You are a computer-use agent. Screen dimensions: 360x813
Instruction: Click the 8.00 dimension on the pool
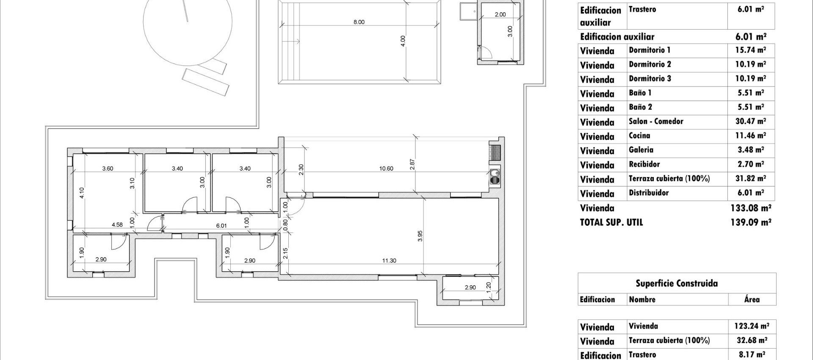tap(359, 22)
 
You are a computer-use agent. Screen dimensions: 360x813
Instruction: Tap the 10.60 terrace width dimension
tap(386, 169)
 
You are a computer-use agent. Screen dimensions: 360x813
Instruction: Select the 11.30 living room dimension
tap(389, 261)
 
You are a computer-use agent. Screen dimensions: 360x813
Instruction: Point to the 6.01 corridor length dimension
tap(221, 226)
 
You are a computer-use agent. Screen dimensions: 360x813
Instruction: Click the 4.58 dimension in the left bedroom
tap(117, 225)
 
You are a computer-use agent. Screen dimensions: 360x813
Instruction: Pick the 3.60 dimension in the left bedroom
tap(108, 169)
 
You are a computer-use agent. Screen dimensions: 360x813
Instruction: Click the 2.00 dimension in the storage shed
tap(500, 14)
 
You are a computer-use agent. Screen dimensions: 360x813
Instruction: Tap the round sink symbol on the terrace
tap(494, 172)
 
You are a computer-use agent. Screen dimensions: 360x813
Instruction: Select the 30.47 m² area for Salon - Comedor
tap(750, 122)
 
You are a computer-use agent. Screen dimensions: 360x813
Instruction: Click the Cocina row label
tap(639, 136)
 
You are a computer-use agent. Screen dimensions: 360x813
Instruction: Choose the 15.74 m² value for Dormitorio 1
tap(750, 50)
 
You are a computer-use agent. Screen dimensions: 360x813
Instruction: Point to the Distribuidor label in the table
tap(649, 193)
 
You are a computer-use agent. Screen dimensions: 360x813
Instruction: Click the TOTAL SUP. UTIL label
tap(611, 222)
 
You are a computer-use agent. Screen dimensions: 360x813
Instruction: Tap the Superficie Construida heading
tap(677, 283)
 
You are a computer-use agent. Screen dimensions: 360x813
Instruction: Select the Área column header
tap(752, 299)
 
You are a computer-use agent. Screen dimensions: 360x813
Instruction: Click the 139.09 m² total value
tap(750, 222)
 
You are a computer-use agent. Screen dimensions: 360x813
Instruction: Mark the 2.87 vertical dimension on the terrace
tap(412, 164)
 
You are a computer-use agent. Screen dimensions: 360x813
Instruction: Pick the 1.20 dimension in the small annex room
tap(488, 287)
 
